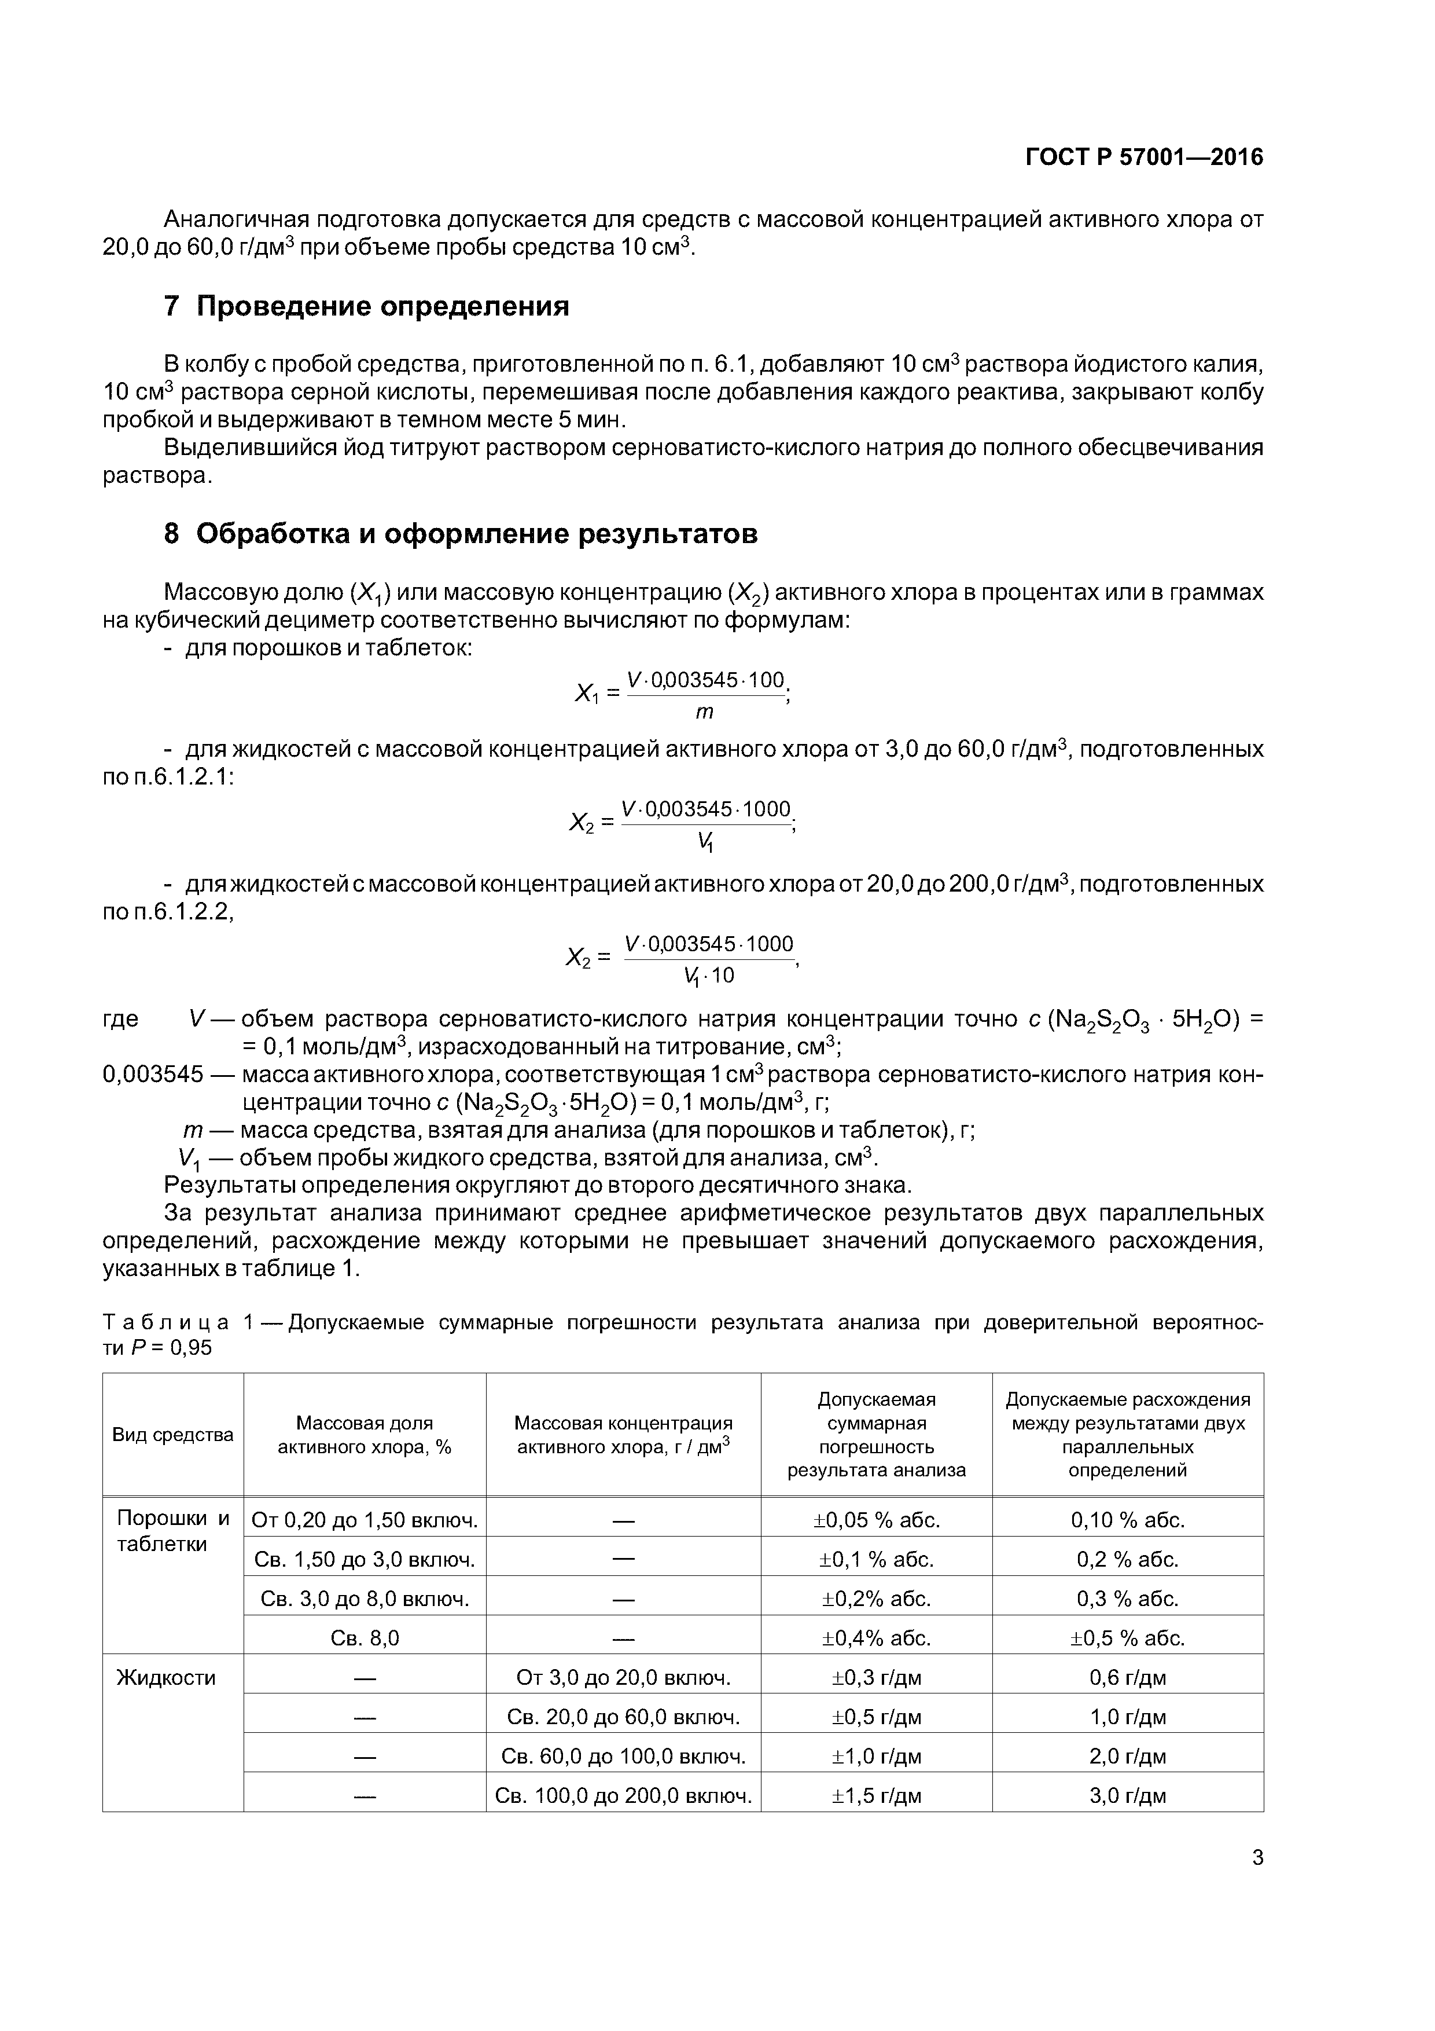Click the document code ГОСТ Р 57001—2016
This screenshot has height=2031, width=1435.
pyautogui.click(x=1143, y=157)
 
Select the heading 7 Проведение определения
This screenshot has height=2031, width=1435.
pyautogui.click(x=366, y=306)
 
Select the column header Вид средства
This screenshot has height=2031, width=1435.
pyautogui.click(x=172, y=1434)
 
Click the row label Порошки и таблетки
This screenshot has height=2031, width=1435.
pyautogui.click(x=172, y=1530)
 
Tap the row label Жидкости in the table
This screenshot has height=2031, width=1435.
pyautogui.click(x=166, y=1677)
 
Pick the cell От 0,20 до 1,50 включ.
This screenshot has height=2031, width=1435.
pyautogui.click(x=365, y=1520)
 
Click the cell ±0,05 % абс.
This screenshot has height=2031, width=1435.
pyautogui.click(x=875, y=1520)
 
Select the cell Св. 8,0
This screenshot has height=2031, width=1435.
pyautogui.click(x=365, y=1637)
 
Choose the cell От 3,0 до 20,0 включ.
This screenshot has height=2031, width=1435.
pyautogui.click(x=623, y=1677)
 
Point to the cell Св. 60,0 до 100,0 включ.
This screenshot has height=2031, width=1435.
pyautogui.click(x=623, y=1756)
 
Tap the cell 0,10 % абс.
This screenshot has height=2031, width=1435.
pyautogui.click(x=1127, y=1520)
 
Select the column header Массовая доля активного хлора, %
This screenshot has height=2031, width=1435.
pyautogui.click(x=365, y=1434)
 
